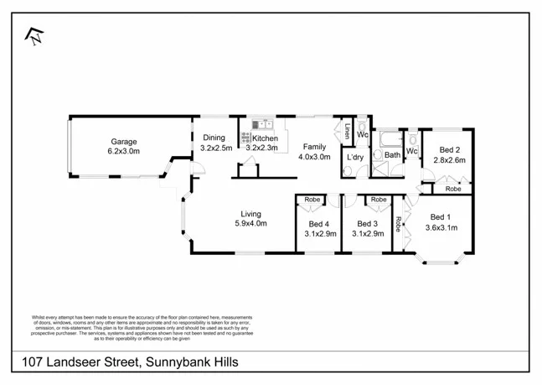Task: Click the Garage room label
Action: click(x=121, y=142)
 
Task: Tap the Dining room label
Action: click(x=214, y=138)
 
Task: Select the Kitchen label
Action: click(x=265, y=138)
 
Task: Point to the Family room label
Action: click(x=315, y=146)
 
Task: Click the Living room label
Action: click(x=250, y=213)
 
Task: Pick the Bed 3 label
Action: click(x=368, y=223)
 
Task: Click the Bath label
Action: click(x=392, y=155)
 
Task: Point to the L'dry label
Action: click(x=355, y=157)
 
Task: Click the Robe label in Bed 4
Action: click(x=312, y=200)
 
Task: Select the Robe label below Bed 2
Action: click(x=452, y=189)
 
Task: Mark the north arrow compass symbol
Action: click(x=34, y=36)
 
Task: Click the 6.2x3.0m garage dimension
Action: click(x=123, y=152)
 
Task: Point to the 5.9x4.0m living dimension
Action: click(x=250, y=223)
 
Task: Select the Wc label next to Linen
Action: click(x=363, y=134)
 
